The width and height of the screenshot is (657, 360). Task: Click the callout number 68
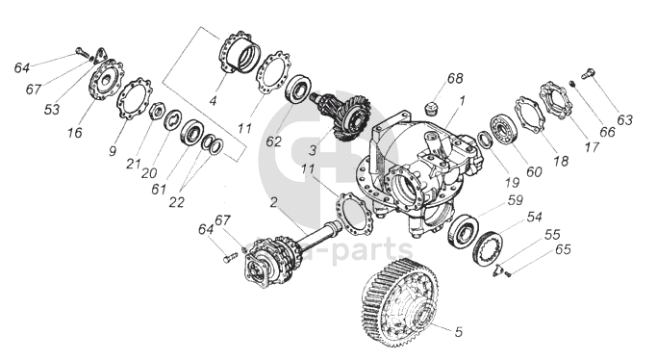coord(455,78)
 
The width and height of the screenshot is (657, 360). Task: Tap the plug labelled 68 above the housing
coord(430,109)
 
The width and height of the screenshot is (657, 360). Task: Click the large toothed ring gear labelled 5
coord(399,301)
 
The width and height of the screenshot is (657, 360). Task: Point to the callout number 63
coord(624,120)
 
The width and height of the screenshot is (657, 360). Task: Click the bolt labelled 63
coord(588,74)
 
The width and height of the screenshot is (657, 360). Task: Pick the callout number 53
coord(52,110)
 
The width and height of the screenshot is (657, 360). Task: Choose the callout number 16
coord(75,133)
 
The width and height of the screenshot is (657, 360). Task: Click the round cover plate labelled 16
coord(106,80)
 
